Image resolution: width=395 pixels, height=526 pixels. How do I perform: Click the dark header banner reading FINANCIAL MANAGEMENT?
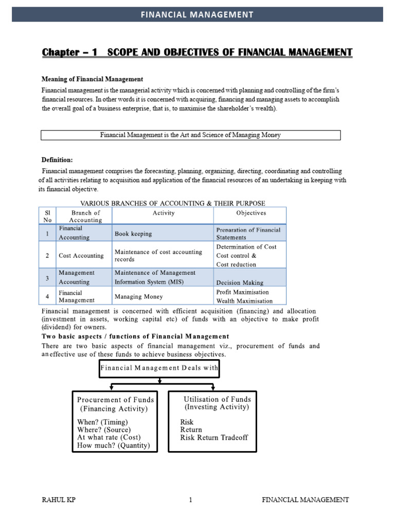[197, 14]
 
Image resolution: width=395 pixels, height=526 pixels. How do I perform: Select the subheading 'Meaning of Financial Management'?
[92, 79]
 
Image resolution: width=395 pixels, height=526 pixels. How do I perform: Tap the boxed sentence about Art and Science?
[190, 135]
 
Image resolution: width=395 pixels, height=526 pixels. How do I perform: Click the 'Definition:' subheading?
[57, 160]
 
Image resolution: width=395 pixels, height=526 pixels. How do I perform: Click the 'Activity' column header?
[164, 213]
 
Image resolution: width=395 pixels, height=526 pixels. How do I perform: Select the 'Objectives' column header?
[251, 213]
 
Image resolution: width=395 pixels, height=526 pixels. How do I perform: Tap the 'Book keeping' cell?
[133, 234]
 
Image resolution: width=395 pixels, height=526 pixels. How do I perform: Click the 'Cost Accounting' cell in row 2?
[81, 255]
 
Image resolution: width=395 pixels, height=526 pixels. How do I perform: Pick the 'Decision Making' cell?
[240, 283]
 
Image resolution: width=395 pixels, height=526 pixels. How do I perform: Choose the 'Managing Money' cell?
[138, 296]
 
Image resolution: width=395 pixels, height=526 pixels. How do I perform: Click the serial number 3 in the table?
[47, 278]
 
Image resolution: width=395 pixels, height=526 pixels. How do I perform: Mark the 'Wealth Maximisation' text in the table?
[244, 300]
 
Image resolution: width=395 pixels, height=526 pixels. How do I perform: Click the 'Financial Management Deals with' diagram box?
[159, 368]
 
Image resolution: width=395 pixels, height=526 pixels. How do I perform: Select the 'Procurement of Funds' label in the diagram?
[115, 400]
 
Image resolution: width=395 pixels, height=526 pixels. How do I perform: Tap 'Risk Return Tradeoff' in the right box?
[213, 438]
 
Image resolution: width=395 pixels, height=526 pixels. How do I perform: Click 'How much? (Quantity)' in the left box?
[113, 445]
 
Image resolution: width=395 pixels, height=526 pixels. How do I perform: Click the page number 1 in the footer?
[190, 499]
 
